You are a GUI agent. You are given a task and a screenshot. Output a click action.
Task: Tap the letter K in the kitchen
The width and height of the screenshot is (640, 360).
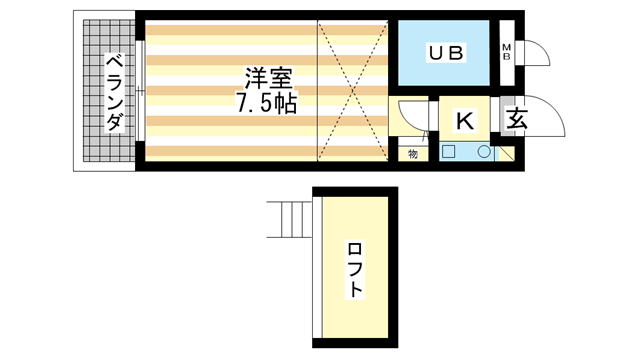(465, 121)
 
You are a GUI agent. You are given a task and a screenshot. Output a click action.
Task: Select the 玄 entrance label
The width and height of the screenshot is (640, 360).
(516, 119)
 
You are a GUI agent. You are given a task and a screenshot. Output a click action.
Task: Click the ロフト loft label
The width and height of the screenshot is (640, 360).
(356, 268)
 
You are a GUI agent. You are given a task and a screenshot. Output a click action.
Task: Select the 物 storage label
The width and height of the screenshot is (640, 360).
(412, 154)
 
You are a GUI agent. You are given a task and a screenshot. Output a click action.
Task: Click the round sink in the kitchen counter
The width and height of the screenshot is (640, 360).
(484, 153)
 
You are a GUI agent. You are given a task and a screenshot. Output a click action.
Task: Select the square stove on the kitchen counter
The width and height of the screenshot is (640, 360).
(449, 153)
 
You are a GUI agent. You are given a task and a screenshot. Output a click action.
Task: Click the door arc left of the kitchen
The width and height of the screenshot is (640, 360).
(410, 118)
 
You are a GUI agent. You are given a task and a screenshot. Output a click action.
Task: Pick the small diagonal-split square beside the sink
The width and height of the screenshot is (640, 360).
(506, 154)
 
